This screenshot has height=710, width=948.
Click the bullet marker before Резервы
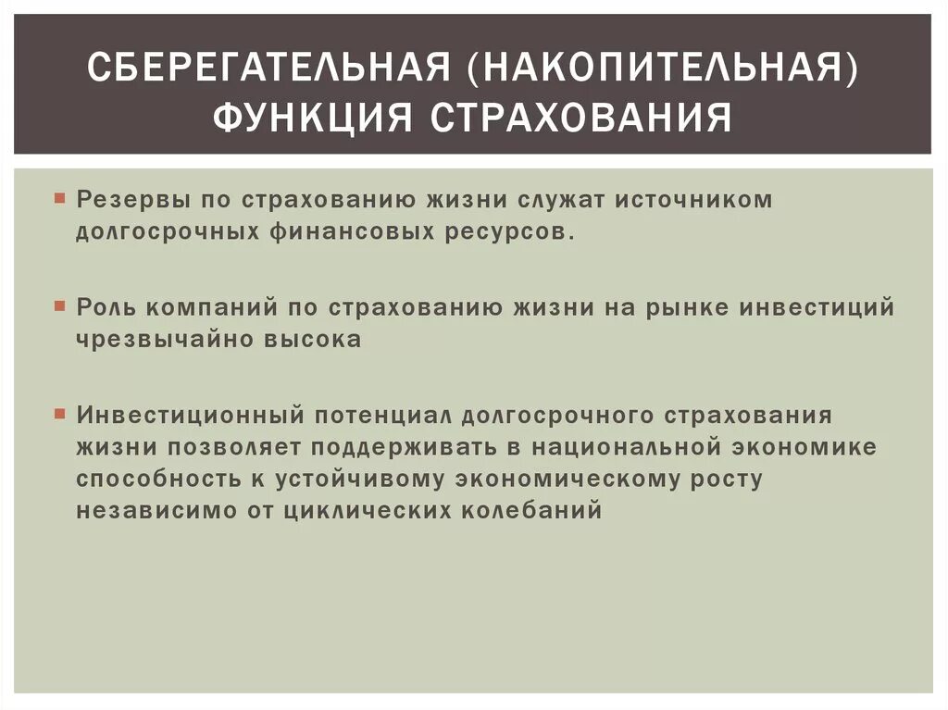pyautogui.click(x=59, y=198)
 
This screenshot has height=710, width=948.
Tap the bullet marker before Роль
pyautogui.click(x=59, y=306)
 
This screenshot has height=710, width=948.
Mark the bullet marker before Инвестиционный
pyautogui.click(x=59, y=414)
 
